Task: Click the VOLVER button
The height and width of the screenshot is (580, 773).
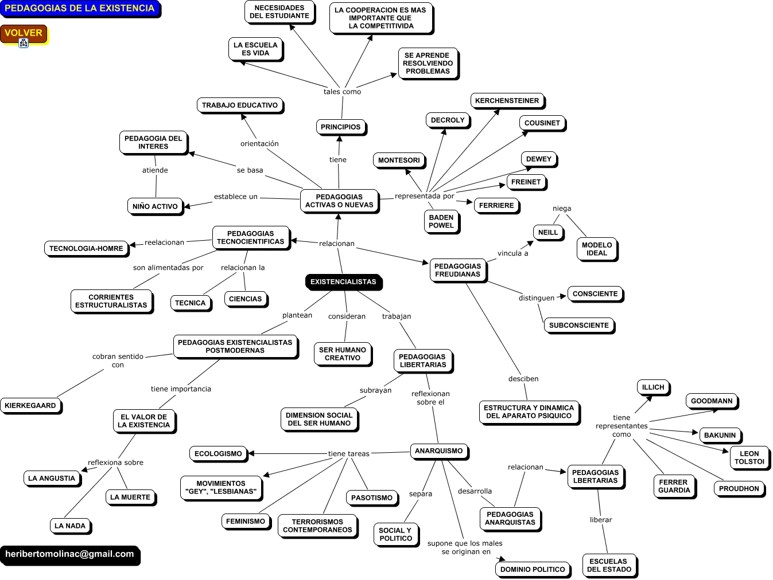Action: click(x=24, y=33)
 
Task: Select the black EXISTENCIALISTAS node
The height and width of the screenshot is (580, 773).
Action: click(x=343, y=281)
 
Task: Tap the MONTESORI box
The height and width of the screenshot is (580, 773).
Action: click(x=399, y=160)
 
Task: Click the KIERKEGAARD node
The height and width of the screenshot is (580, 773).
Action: click(x=30, y=406)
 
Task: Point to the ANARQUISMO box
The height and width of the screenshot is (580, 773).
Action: click(x=438, y=451)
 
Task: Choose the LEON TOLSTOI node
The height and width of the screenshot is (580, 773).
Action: click(x=749, y=457)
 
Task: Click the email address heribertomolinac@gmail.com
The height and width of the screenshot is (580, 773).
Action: click(x=69, y=554)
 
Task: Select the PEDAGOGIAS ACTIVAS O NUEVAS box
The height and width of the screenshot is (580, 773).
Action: click(x=339, y=201)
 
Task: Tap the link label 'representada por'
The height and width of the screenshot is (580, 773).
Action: click(x=424, y=196)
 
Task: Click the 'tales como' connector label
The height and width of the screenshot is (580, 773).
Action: click(x=342, y=92)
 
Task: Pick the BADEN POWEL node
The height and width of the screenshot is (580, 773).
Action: click(x=441, y=221)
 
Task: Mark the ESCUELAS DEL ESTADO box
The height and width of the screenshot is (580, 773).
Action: click(x=609, y=565)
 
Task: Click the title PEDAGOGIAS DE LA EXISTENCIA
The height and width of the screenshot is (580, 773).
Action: click(x=79, y=8)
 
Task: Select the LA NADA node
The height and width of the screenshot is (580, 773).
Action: click(x=70, y=526)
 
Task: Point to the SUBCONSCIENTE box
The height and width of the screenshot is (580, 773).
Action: click(x=578, y=325)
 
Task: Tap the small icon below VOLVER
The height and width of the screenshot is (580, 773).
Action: click(x=24, y=43)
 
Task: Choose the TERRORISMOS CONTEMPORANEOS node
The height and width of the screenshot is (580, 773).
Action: click(x=317, y=526)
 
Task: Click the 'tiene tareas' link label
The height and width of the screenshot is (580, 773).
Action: click(x=349, y=454)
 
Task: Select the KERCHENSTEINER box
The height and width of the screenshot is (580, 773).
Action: click(x=507, y=101)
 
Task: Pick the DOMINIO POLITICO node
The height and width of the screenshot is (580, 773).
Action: click(x=533, y=569)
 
